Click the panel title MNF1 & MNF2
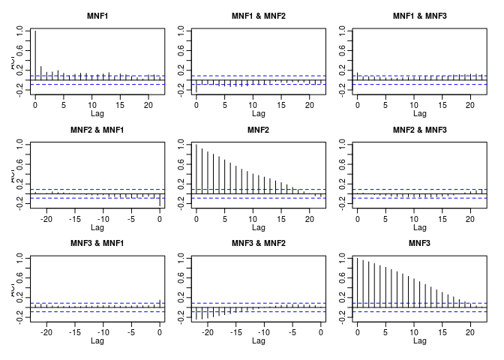point(259,16)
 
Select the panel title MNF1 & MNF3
point(420,16)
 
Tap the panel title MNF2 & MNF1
point(97,130)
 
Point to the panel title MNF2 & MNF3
point(420,130)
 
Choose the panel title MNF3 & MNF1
point(97,243)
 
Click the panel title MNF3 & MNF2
point(259,243)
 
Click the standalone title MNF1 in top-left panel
point(97,16)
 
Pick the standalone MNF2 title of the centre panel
point(259,130)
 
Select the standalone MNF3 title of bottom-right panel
point(420,243)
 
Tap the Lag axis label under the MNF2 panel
point(259,227)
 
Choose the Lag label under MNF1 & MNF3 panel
point(420,114)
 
